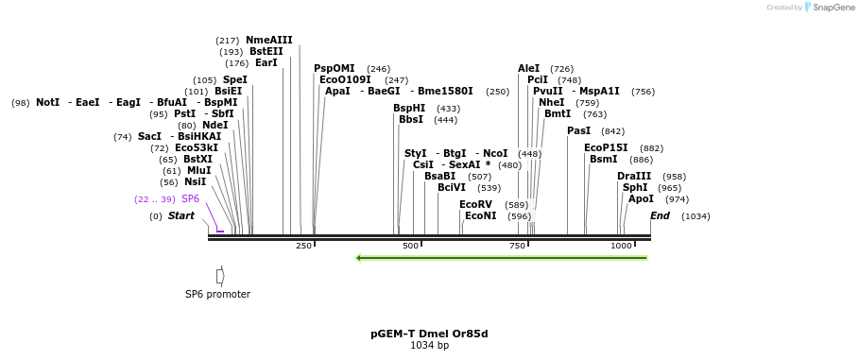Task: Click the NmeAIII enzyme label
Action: click(269, 40)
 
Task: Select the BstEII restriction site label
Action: click(266, 51)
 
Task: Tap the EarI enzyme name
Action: click(266, 62)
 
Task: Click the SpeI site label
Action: click(235, 79)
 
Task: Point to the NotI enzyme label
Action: click(47, 102)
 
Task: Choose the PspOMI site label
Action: click(335, 68)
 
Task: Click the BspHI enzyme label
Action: click(409, 108)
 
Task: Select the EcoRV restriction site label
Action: click(475, 204)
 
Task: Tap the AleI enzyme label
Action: click(529, 68)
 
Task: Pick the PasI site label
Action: click(578, 130)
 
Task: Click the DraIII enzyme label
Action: click(634, 176)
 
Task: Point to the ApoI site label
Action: click(641, 198)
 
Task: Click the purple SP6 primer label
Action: click(190, 198)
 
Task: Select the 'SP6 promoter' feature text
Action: click(217, 294)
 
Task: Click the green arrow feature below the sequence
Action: click(501, 257)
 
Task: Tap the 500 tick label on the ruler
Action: click(410, 246)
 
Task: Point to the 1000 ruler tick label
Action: click(621, 246)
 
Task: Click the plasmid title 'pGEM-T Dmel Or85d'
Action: click(429, 334)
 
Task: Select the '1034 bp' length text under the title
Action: click(429, 346)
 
